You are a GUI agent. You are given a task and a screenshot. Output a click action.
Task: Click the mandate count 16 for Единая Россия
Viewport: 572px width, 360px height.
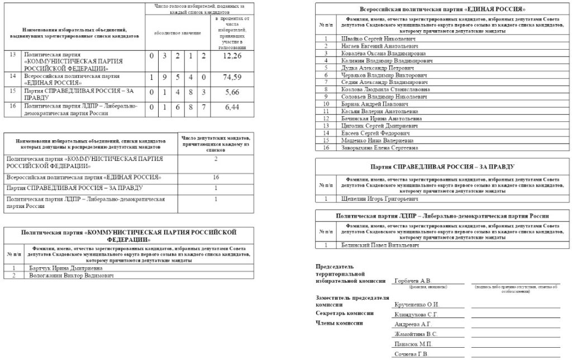coord(216,177)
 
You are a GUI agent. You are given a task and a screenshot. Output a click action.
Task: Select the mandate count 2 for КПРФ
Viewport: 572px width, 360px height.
coord(216,159)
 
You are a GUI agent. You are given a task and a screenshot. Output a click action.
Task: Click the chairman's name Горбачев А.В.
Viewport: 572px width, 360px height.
coord(412,281)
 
